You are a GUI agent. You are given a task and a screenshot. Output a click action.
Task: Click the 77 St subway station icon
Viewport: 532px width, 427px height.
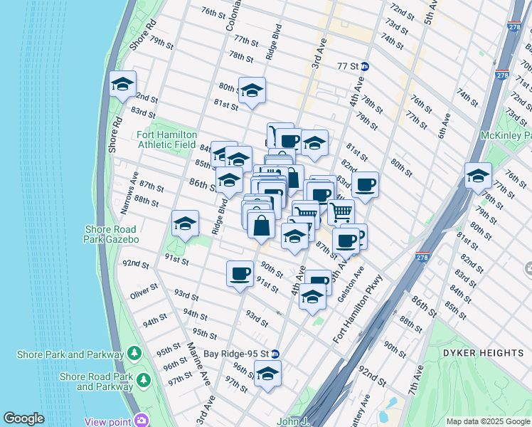(365, 66)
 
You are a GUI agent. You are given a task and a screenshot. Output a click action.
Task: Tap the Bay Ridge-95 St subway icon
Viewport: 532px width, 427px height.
(275, 354)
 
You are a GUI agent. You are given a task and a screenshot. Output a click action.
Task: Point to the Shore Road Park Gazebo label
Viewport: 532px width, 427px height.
(112, 234)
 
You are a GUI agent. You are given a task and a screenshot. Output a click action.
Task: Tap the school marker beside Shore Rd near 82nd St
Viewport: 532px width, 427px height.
(122, 85)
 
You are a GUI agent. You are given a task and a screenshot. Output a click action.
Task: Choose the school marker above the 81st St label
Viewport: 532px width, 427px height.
(252, 90)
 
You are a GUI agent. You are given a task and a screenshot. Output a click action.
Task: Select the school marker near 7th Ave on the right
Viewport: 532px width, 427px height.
(478, 175)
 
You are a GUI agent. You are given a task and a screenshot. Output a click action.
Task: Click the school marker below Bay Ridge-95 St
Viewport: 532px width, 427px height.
(267, 374)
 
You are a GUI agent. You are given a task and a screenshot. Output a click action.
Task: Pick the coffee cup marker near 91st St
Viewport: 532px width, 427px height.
(240, 273)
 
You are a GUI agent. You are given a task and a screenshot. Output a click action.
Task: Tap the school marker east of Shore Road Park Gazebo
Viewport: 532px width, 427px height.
(185, 224)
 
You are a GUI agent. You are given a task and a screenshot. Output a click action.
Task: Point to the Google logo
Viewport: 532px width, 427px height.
(23, 418)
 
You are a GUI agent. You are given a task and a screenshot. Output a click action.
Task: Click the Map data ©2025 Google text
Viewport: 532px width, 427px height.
(487, 421)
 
